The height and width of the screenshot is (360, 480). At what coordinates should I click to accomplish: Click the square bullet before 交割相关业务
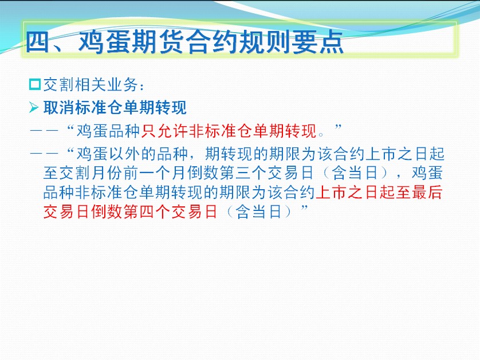click(x=35, y=84)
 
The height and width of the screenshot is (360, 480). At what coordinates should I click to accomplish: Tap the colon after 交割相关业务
click(x=141, y=87)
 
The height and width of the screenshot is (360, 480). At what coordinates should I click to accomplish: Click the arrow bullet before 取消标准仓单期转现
click(x=34, y=108)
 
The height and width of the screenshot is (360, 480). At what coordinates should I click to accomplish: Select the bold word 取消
click(x=59, y=108)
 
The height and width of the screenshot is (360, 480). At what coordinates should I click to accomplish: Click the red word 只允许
click(x=165, y=131)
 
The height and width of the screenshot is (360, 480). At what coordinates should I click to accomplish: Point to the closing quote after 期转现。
click(x=338, y=127)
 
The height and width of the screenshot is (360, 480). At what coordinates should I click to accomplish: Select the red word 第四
click(x=139, y=212)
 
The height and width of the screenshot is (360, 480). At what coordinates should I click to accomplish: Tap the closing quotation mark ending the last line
click(x=304, y=208)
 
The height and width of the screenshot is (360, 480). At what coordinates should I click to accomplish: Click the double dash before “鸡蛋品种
click(x=44, y=131)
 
